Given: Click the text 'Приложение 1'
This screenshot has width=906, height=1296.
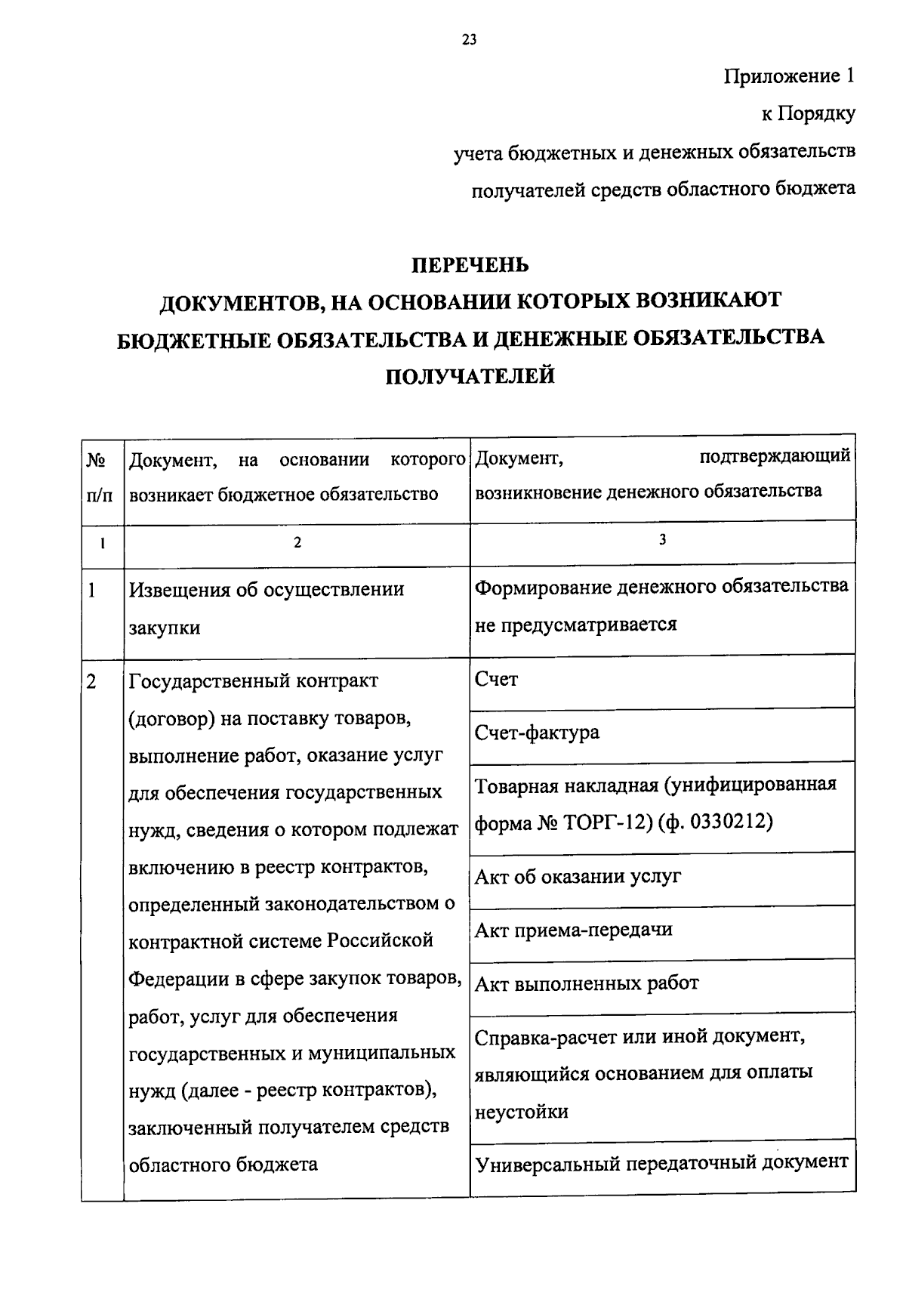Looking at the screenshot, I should (x=790, y=76).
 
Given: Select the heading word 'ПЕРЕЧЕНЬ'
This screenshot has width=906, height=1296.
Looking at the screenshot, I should (x=470, y=266).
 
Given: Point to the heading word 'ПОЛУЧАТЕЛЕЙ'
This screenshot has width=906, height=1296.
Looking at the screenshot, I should (x=470, y=375).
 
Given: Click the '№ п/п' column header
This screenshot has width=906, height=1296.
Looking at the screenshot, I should (x=103, y=477).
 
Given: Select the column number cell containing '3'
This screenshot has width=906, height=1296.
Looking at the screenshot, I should (x=662, y=539).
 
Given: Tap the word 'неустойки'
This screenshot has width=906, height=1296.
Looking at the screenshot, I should (x=522, y=1112).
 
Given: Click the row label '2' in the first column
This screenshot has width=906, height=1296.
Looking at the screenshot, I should (x=91, y=681).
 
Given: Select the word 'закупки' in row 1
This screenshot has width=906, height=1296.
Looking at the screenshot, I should (x=165, y=628).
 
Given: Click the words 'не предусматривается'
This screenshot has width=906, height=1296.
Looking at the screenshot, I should (x=575, y=625).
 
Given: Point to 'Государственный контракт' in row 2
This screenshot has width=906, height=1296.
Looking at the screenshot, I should (x=254, y=681).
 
